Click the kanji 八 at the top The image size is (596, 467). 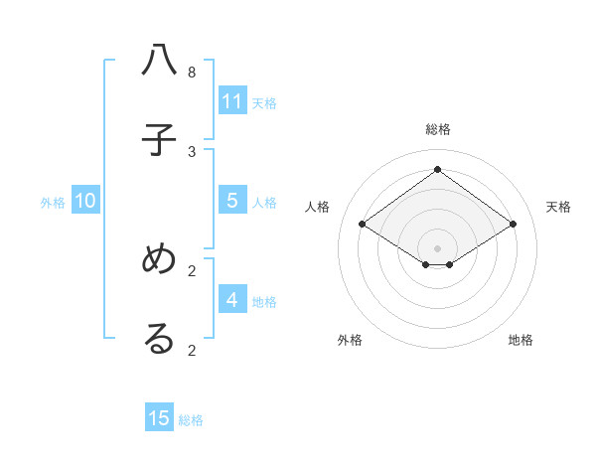point(159,62)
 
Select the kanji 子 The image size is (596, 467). point(159,140)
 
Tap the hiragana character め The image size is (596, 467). point(159,259)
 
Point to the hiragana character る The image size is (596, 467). point(159,339)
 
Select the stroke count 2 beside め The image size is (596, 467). point(192,270)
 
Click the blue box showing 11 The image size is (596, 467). point(232,101)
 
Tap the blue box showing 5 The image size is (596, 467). point(232,201)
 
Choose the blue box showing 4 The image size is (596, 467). point(232,299)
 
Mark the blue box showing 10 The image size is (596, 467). point(85,201)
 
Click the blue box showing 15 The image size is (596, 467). point(159,418)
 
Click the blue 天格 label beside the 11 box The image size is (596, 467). point(264,102)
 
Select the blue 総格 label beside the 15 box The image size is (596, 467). point(191,419)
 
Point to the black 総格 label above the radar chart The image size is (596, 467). point(438,129)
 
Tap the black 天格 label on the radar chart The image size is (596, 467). point(558,207)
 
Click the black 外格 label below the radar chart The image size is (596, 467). point(350,340)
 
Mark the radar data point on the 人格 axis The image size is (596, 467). point(363,225)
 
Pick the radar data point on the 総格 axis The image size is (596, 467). point(438,169)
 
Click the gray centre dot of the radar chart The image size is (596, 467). point(438,247)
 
